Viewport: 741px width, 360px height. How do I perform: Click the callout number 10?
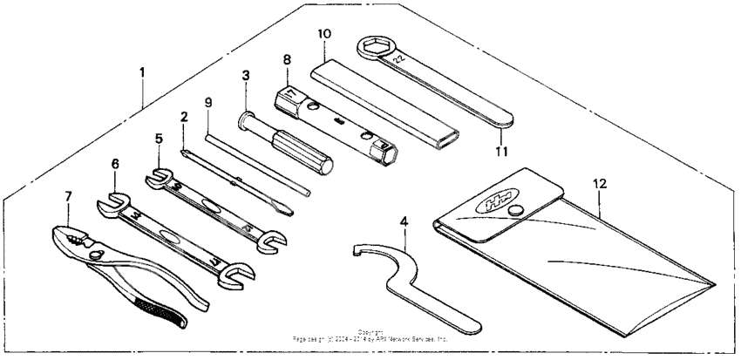click(x=323, y=34)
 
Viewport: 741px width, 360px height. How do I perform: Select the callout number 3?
click(x=246, y=76)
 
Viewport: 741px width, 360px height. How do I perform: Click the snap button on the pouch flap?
click(x=516, y=209)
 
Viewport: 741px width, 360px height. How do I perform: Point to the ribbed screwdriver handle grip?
click(x=301, y=152)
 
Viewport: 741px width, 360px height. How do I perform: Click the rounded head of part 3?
click(x=243, y=119)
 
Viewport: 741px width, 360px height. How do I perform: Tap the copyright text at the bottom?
click(x=370, y=335)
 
